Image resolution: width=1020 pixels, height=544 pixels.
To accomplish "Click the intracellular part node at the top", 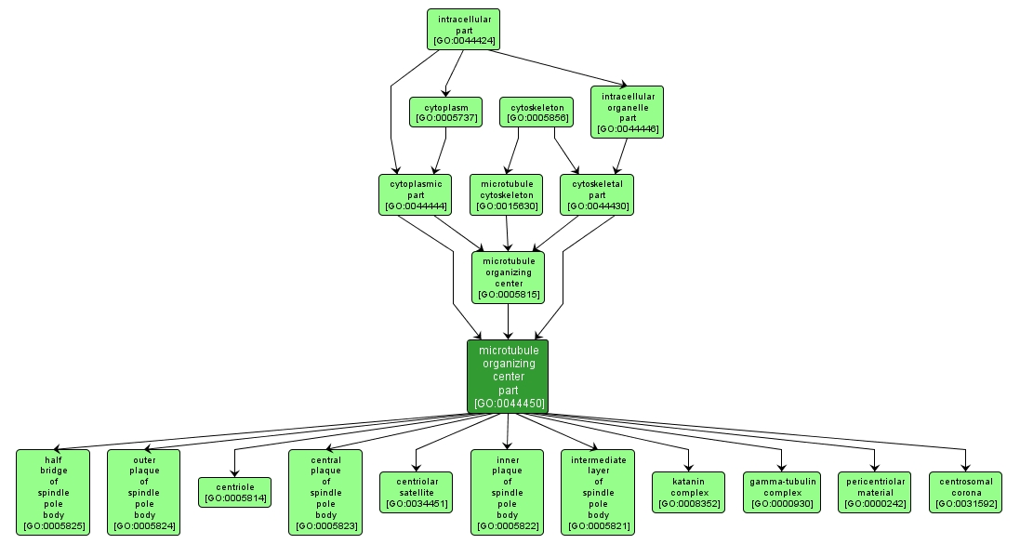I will (463, 30).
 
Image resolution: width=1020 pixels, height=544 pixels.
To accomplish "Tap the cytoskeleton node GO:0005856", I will (536, 112).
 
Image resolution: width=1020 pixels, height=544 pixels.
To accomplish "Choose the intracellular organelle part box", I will (628, 113).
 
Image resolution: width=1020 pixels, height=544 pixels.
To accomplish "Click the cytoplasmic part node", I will (416, 194).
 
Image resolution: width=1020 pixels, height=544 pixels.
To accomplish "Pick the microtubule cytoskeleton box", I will (507, 194).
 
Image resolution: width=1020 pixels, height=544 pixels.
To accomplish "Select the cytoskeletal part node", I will (597, 194).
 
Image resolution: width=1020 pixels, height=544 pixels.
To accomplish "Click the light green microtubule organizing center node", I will (507, 277).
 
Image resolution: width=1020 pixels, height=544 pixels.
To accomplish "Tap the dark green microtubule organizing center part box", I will (508, 376).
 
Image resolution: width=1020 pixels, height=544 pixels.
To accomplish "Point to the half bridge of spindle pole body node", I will (53, 492).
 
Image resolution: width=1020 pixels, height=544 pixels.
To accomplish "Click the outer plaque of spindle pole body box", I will (144, 492).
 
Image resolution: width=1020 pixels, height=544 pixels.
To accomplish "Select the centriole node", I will (234, 492).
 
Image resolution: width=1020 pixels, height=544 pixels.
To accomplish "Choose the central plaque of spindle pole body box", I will (325, 492).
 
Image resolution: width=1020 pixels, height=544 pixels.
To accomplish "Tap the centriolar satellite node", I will (416, 492).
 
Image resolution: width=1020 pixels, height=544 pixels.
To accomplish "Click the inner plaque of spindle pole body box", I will (507, 492).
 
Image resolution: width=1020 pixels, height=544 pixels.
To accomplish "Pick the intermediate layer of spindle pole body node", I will (598, 492).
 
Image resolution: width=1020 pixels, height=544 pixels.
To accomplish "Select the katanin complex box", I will (688, 492).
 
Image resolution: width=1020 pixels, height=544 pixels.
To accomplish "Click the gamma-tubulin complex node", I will (781, 492).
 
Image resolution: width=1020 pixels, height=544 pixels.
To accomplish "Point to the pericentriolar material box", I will (874, 492).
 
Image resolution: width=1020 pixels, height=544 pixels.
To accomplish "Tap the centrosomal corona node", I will (965, 492).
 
